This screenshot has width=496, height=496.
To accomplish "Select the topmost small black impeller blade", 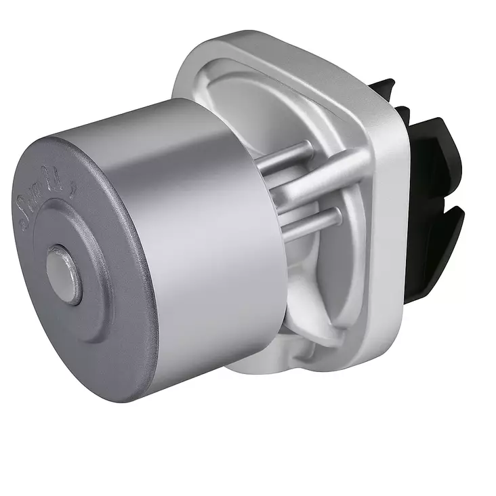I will [384, 88].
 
